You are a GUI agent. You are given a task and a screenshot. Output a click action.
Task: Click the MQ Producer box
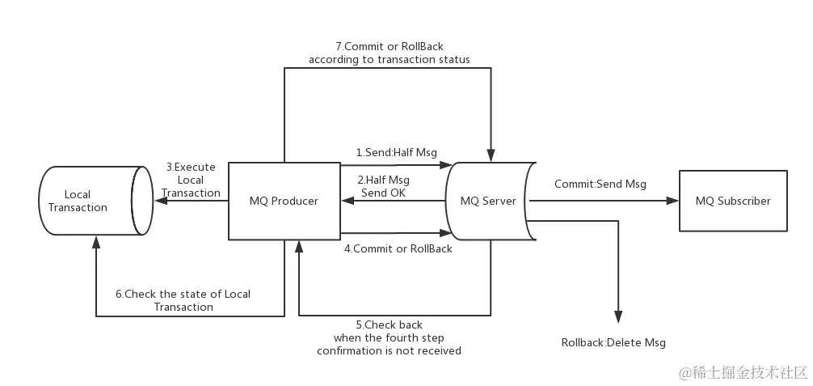(284, 201)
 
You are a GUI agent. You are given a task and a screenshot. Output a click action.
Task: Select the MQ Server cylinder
(487, 201)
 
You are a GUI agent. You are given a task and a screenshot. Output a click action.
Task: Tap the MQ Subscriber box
(733, 201)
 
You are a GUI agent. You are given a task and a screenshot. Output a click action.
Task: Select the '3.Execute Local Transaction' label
(191, 180)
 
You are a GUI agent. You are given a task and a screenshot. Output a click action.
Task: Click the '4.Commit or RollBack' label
(398, 248)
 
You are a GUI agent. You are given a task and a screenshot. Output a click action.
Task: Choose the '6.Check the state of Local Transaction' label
(183, 300)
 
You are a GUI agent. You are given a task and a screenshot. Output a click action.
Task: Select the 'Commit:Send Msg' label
(600, 184)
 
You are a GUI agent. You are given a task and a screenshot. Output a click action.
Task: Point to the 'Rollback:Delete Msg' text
(613, 342)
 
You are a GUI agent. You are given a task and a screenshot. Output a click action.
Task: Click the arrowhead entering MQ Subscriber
(672, 201)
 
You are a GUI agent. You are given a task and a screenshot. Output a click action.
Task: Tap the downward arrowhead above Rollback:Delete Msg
(619, 317)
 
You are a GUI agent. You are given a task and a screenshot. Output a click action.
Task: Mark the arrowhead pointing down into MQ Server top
(491, 155)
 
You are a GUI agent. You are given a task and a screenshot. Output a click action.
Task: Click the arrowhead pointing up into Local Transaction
(96, 240)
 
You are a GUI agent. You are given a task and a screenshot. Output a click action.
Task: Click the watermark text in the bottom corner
(743, 372)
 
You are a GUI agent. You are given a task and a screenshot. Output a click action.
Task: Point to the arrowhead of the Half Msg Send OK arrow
(347, 201)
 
